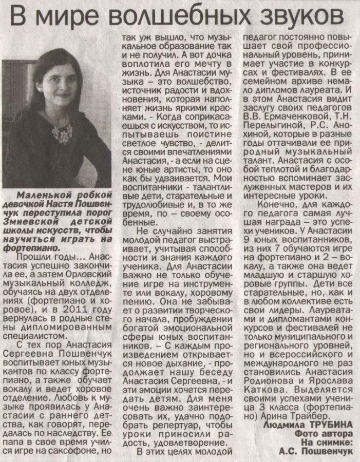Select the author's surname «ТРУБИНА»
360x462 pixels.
pyautogui.click(x=330, y=426)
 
